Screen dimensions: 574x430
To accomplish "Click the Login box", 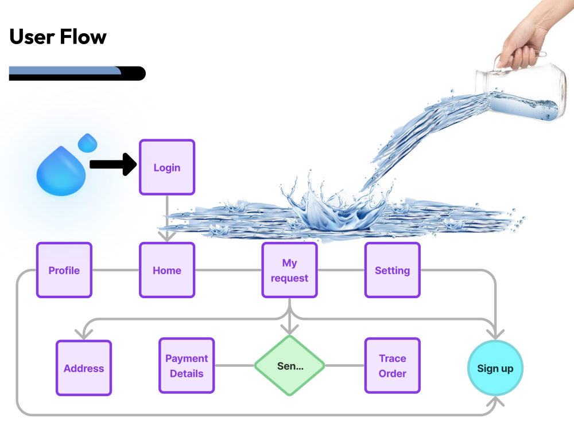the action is [x=167, y=167].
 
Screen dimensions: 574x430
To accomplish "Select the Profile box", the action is [x=64, y=270].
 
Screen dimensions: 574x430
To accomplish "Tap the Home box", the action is [x=167, y=270].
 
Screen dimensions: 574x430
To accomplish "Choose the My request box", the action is [x=289, y=270].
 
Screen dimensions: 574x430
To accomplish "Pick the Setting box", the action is [x=393, y=270].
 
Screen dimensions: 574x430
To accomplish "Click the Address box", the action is [x=84, y=368].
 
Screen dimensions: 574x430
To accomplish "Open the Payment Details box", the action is [x=187, y=366].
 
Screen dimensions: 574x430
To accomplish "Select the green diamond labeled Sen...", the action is [x=289, y=366].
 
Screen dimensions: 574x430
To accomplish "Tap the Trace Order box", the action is [x=393, y=366].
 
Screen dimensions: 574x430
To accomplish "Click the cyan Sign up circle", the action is [x=495, y=368].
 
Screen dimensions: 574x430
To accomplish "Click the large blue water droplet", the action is [x=61, y=171].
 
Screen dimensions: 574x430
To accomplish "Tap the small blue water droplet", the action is [x=88, y=143].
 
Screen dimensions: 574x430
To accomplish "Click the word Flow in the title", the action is [x=83, y=37].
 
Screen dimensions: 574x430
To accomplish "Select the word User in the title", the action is [x=32, y=37].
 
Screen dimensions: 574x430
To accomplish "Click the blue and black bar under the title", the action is [x=77, y=73].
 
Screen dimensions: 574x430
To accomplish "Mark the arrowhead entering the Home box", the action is [x=167, y=237].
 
